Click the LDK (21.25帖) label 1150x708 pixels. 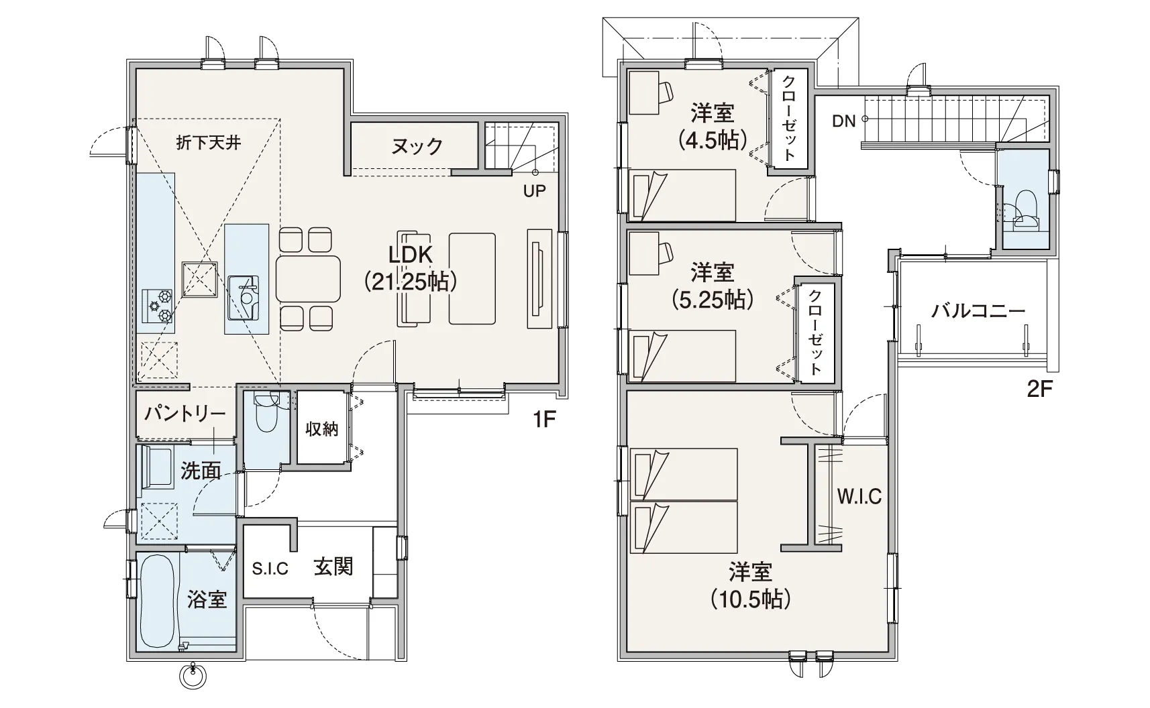click(x=411, y=268)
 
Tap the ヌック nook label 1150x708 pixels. click(x=417, y=147)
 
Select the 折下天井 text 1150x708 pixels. click(x=209, y=143)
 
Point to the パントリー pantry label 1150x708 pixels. click(x=185, y=414)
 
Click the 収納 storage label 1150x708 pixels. click(x=322, y=428)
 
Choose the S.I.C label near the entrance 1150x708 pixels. click(x=270, y=569)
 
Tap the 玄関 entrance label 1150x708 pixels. click(x=333, y=567)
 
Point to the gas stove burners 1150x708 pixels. click(x=158, y=306)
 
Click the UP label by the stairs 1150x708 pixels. click(x=534, y=191)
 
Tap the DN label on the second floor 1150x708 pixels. click(x=844, y=121)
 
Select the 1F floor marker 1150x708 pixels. click(x=544, y=420)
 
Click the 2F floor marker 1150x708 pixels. click(x=1039, y=390)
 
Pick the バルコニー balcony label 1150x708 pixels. click(x=978, y=311)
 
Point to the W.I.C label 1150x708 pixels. click(x=859, y=497)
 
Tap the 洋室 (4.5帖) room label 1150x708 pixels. click(x=713, y=126)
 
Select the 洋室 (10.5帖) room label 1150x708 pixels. click(x=751, y=585)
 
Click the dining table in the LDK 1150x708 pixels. click(x=308, y=279)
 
